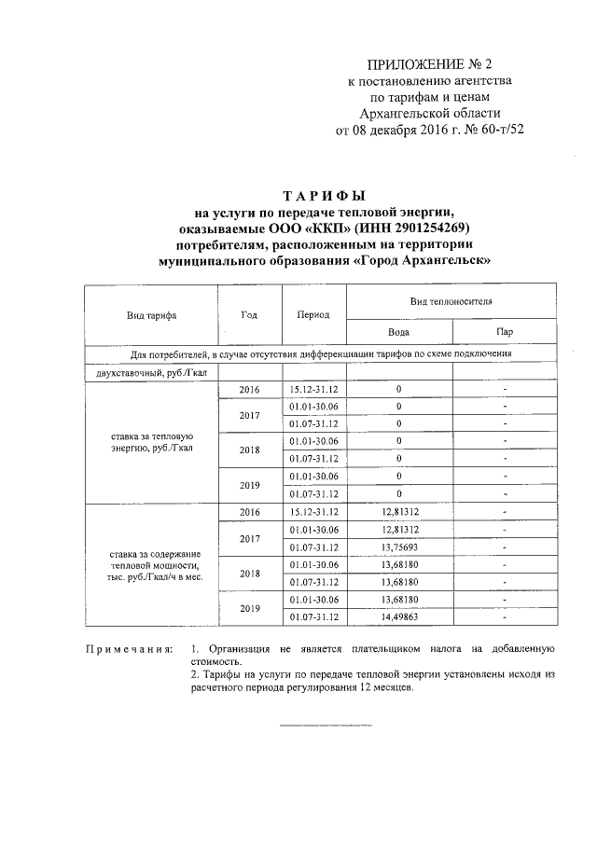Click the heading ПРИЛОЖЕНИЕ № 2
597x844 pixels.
coord(428,64)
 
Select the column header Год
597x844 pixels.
coord(249,314)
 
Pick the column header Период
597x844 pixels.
coord(313,315)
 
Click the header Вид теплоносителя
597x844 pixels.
coord(451,303)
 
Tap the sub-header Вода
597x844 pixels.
coord(398,332)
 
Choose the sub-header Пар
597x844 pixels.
coord(505,332)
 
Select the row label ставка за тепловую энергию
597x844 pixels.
coord(151,442)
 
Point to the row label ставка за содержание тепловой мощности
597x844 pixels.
coord(151,565)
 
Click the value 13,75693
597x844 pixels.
coord(399,547)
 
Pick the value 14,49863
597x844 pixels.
coord(399,616)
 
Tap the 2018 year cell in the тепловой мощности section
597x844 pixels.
coord(249,573)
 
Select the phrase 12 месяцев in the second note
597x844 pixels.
coord(379,689)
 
